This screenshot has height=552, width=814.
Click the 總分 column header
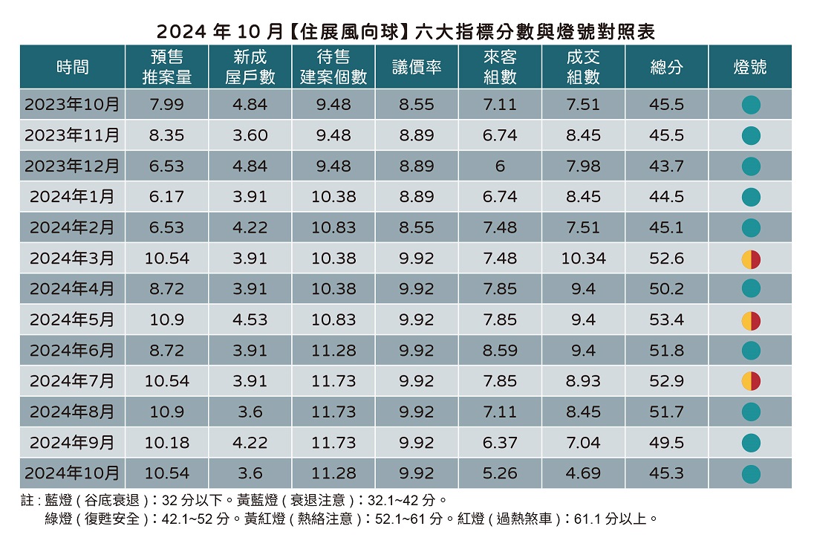point(666,68)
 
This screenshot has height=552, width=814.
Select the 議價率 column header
point(417,68)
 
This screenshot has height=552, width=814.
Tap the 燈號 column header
point(749,68)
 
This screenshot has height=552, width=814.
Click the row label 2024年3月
point(72,259)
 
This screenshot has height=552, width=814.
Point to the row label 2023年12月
point(72,166)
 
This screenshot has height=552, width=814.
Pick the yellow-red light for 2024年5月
point(751,320)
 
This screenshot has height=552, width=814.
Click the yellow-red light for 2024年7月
point(751,381)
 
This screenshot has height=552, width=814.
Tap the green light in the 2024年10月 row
point(751,473)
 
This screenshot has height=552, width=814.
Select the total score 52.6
point(666,259)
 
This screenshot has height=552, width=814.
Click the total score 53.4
point(666,320)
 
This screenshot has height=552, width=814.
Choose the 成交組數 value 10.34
point(583,259)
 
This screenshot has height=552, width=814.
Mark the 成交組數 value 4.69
point(583,473)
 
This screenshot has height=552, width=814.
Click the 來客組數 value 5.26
point(500,473)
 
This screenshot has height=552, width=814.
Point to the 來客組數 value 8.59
point(500,351)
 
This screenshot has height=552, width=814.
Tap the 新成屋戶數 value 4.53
point(250,320)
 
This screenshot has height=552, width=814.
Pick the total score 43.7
point(666,166)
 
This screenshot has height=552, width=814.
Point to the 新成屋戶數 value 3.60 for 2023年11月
point(250,136)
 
